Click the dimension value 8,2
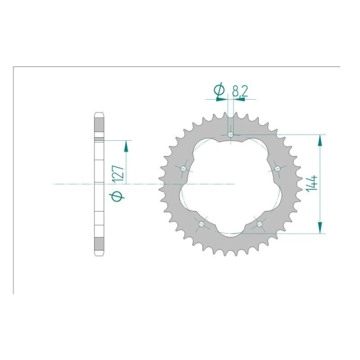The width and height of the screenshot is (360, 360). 240,91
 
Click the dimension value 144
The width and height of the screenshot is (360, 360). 311,183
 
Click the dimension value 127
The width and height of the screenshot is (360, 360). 119,174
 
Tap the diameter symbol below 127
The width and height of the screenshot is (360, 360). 117,196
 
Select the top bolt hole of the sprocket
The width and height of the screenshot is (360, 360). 231,135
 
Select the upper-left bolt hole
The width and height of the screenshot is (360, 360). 183,169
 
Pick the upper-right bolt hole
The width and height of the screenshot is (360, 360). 277,169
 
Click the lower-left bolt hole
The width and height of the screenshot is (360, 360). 201,224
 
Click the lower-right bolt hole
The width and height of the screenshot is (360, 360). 260,224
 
